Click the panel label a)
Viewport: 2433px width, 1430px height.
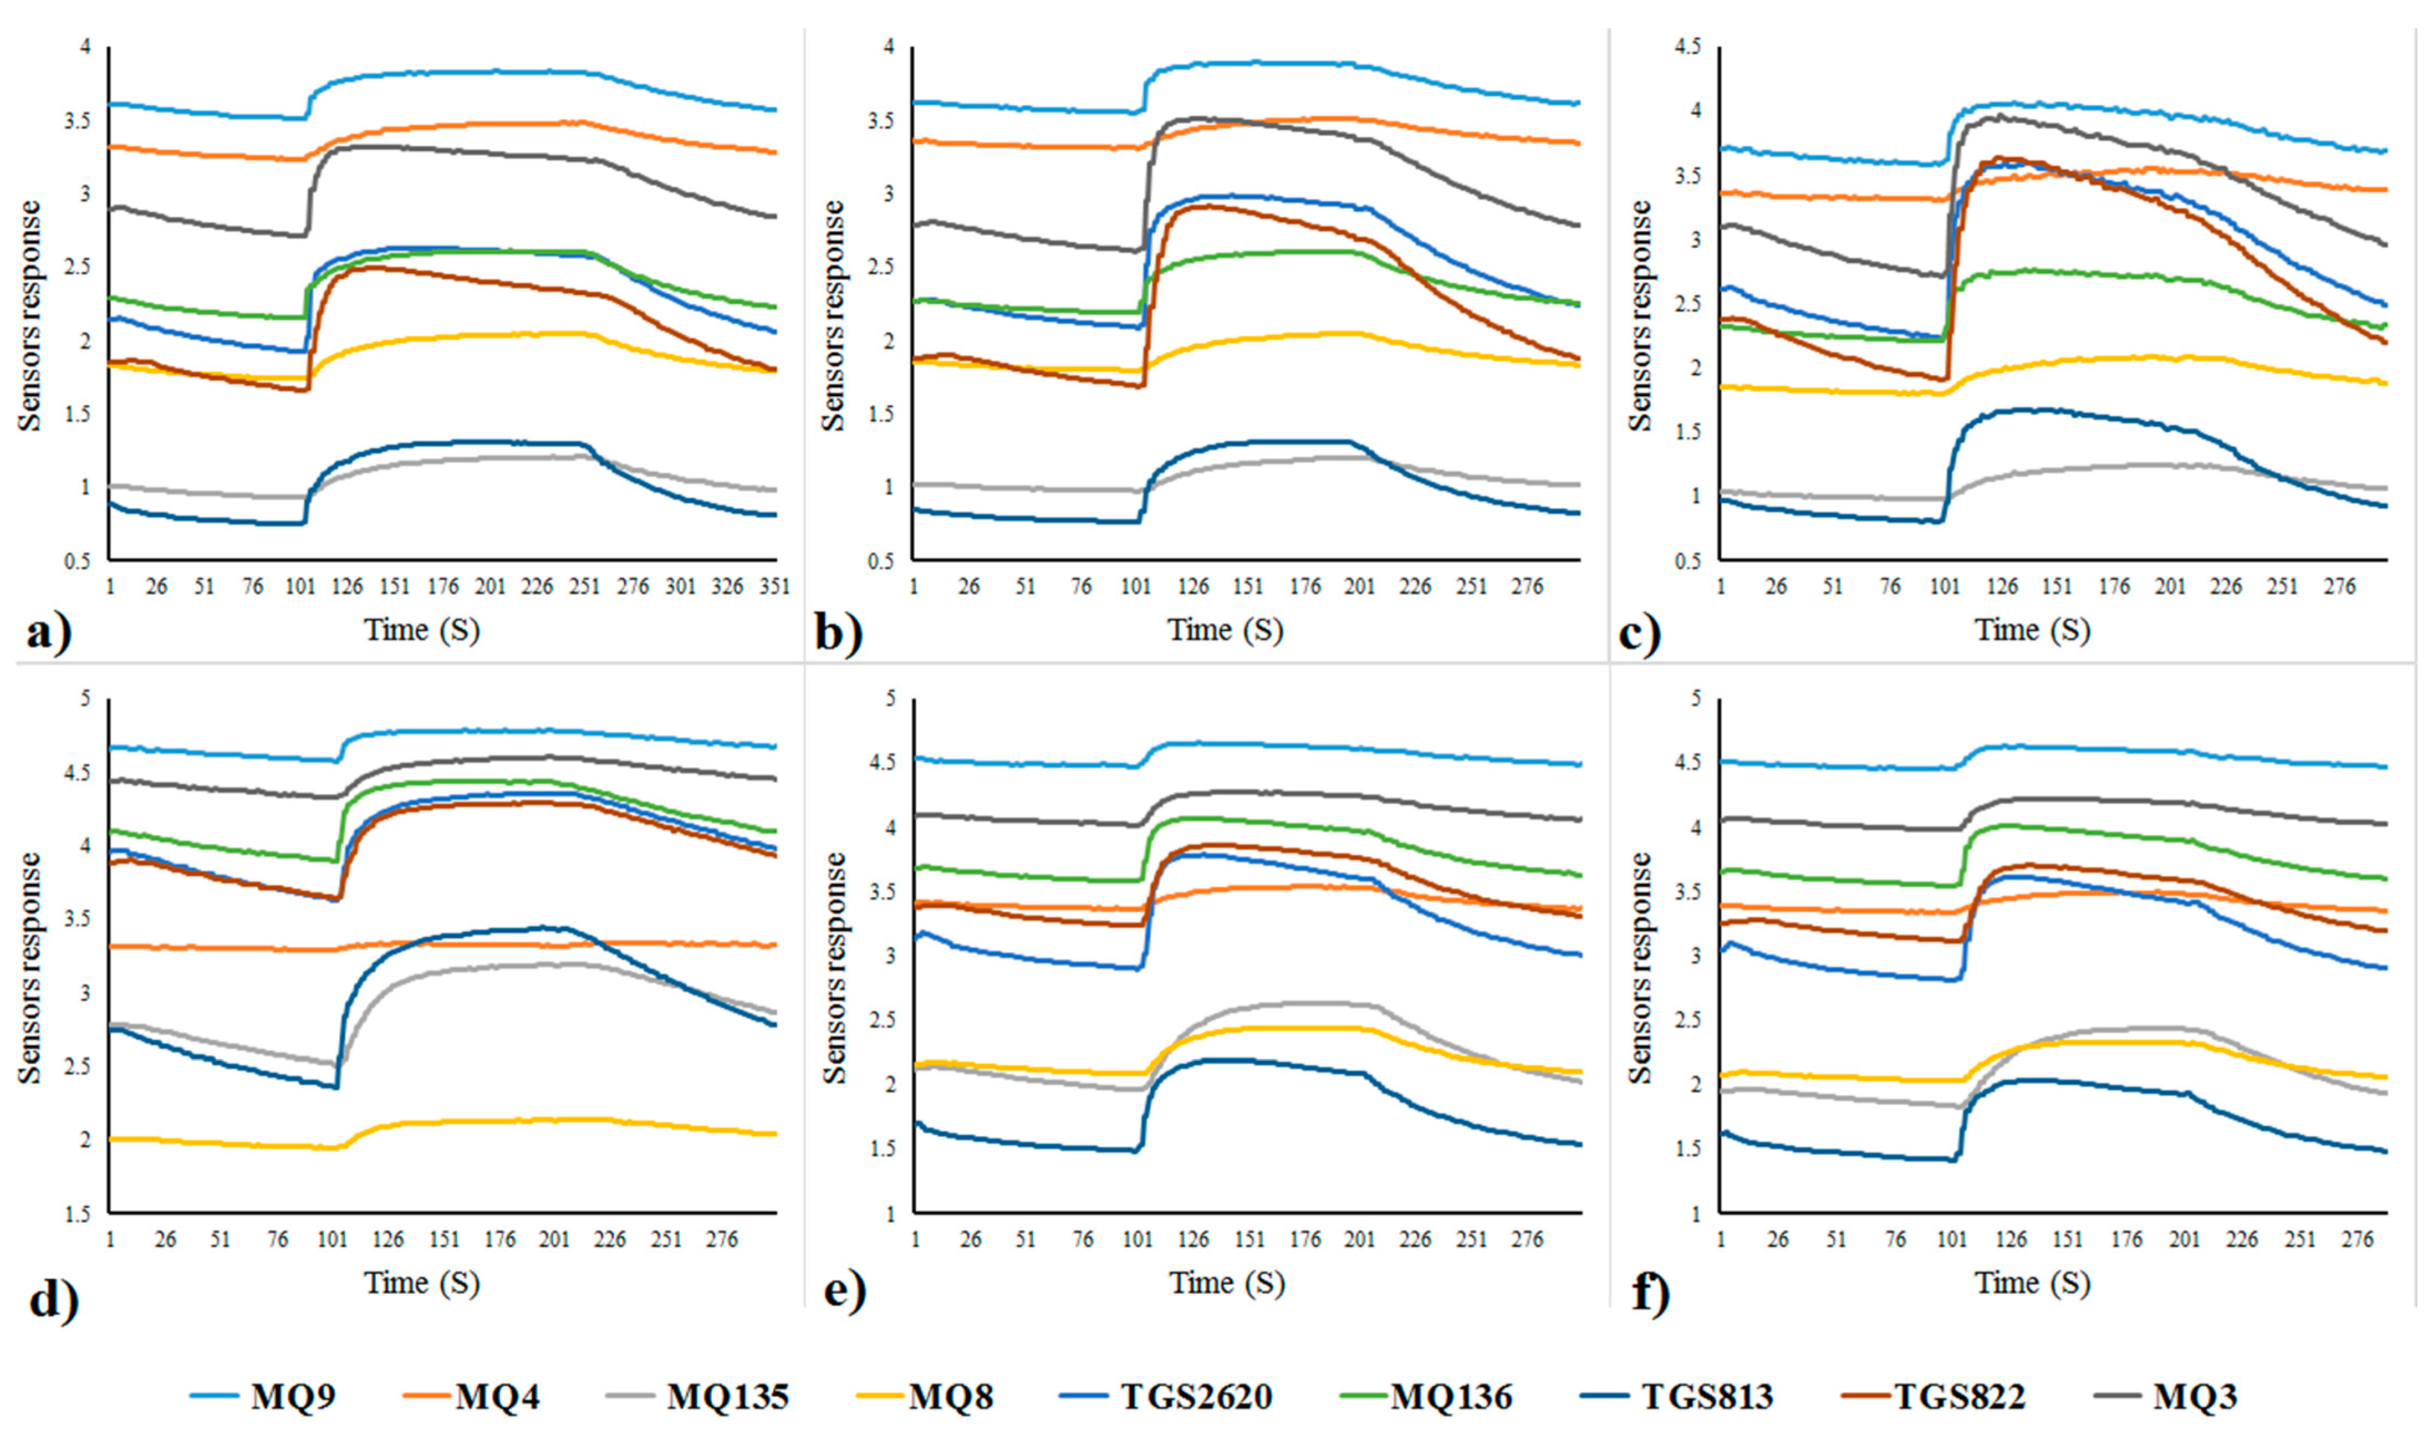(48, 635)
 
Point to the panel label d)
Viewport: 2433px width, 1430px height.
(53, 1299)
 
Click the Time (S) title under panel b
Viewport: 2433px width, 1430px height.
(1226, 631)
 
